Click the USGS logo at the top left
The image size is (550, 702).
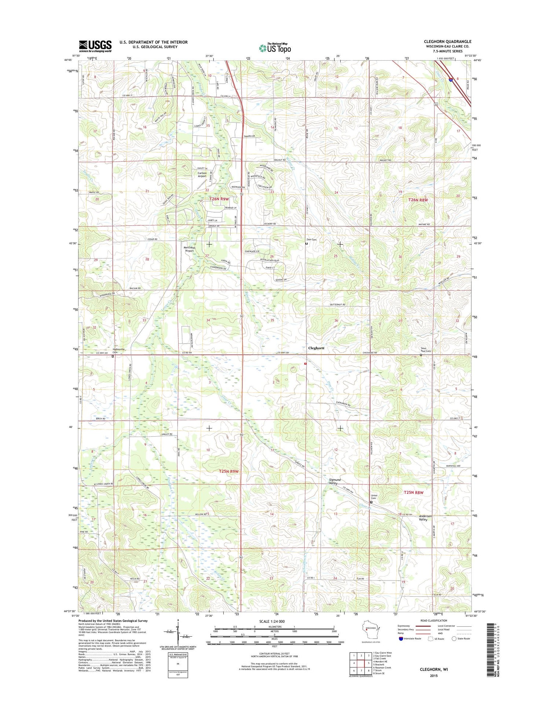(x=95, y=46)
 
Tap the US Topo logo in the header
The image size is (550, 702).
(x=275, y=48)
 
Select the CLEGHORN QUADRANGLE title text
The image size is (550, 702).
(x=448, y=41)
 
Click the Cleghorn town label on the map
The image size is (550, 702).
(x=316, y=348)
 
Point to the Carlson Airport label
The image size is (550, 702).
(x=202, y=175)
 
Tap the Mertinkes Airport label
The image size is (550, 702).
(x=189, y=249)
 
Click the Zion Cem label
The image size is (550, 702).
(x=311, y=240)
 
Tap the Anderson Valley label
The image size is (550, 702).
(x=425, y=518)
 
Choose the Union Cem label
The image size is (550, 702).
(x=374, y=497)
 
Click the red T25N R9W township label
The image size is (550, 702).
(x=229, y=471)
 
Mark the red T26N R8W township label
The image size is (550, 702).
(x=418, y=200)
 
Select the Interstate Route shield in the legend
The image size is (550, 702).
(x=401, y=638)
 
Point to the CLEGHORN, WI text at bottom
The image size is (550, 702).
(x=434, y=669)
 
